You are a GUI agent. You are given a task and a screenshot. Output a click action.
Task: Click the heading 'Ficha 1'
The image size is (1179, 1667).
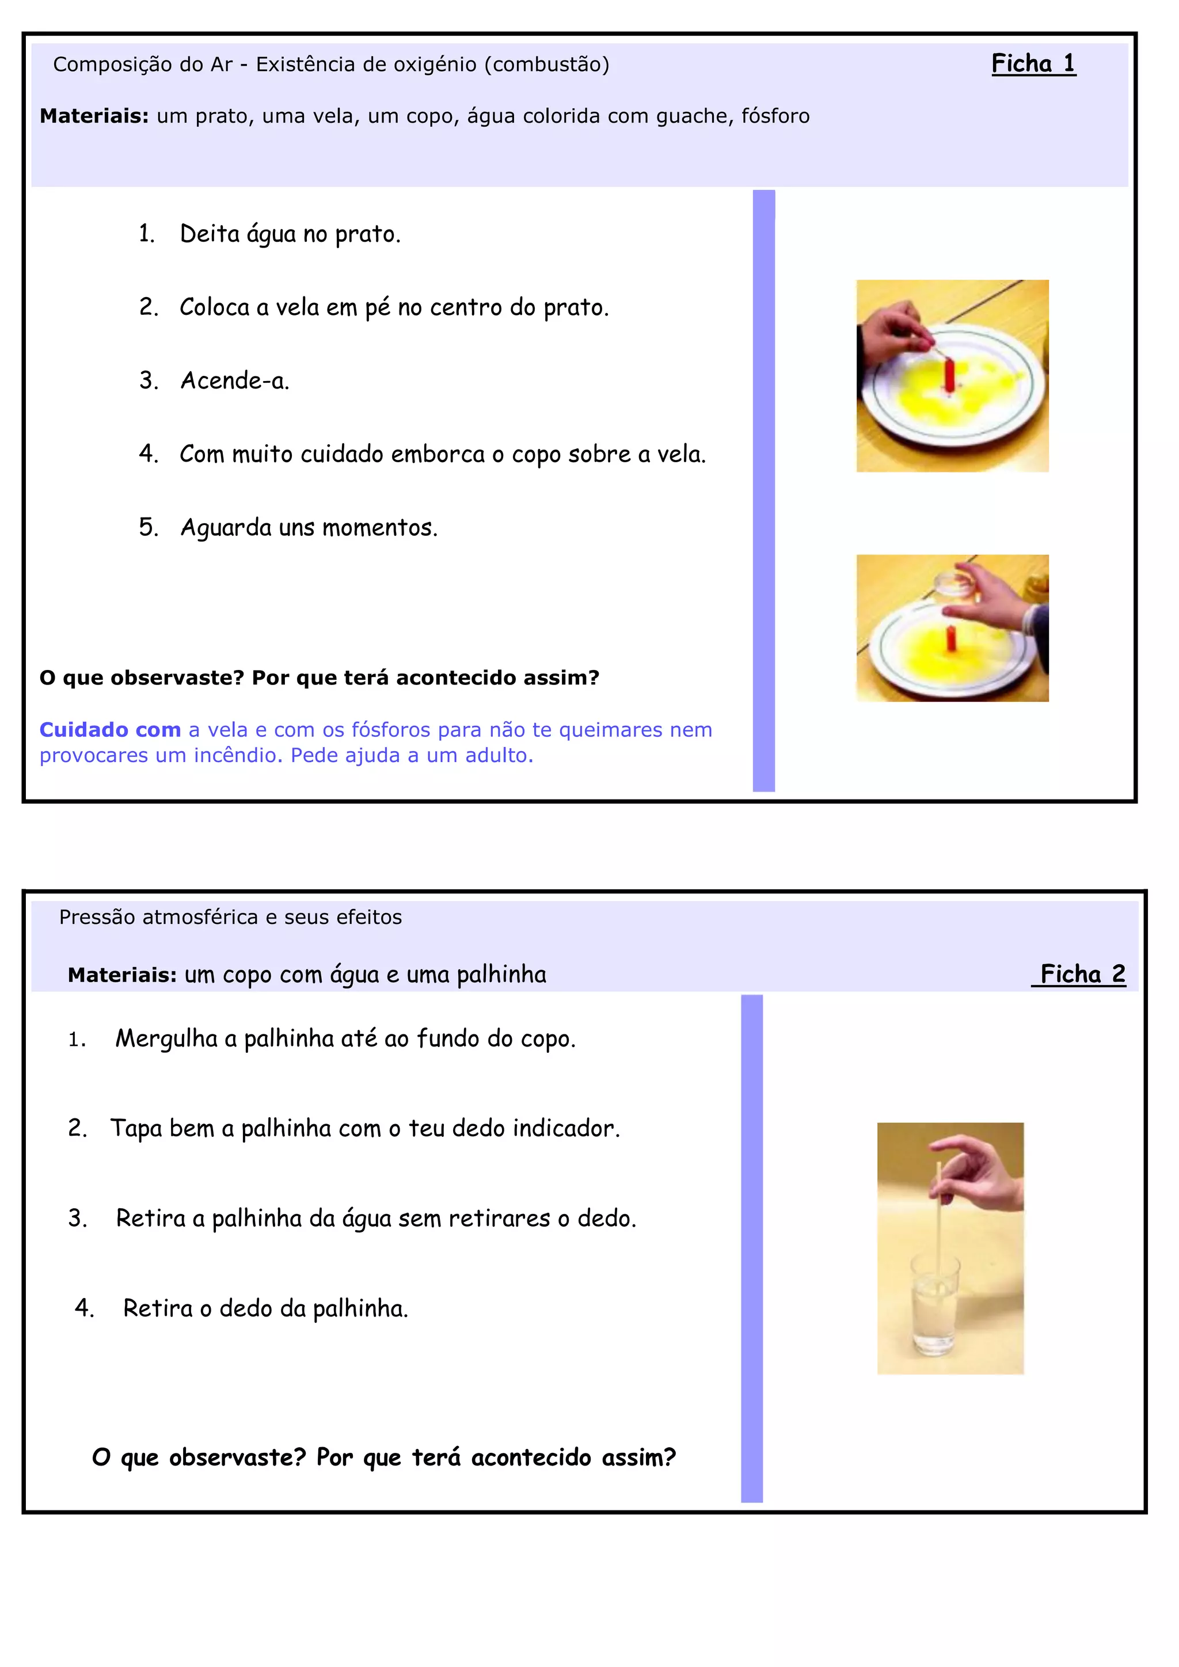coord(1033,64)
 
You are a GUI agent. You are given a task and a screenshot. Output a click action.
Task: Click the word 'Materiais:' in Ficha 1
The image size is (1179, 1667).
coord(94,116)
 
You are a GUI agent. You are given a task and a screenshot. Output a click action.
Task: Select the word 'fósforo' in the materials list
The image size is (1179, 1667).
coord(775,116)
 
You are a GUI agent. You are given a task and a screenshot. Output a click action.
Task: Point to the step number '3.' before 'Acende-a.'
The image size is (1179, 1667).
coord(149,380)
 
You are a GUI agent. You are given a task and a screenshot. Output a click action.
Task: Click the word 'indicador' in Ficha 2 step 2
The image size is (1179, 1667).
coord(566,1128)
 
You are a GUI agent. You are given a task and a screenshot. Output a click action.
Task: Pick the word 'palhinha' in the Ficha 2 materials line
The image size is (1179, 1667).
coord(501,975)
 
